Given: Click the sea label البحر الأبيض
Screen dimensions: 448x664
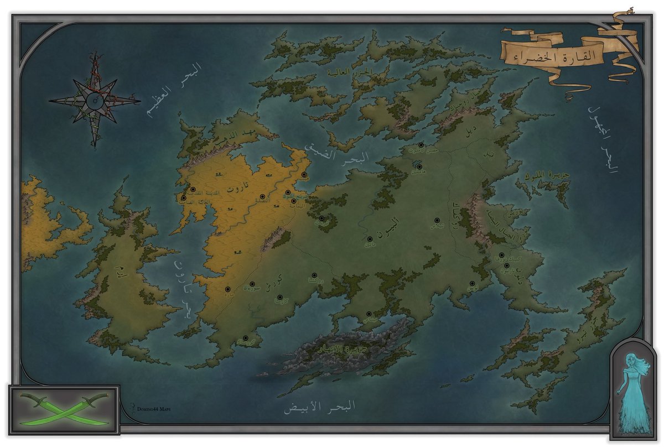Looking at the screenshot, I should click(319, 408).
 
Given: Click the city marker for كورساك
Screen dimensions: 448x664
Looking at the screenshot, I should click(245, 337).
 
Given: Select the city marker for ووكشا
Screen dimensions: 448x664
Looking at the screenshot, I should click(314, 275).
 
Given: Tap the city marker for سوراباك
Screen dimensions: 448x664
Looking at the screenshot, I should click(252, 284).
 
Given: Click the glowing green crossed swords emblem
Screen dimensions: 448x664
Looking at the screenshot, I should click(64, 405).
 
